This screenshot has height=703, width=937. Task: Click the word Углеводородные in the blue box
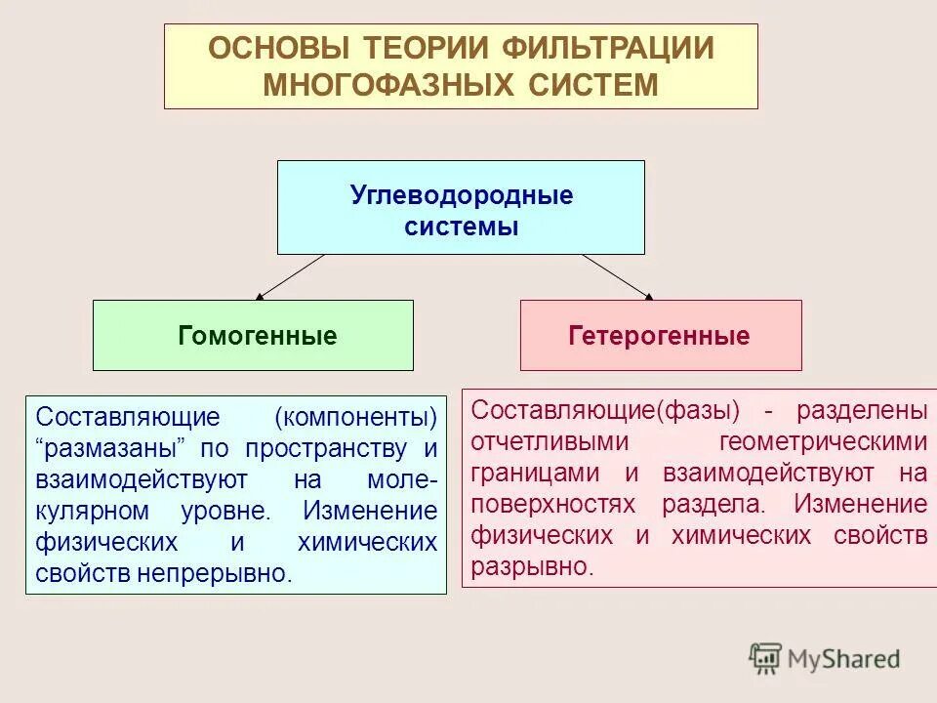pos(461,195)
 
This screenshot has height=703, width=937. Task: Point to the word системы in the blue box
pos(461,227)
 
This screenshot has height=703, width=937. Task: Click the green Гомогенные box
pos(253,336)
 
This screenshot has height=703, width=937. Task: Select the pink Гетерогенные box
pos(660,336)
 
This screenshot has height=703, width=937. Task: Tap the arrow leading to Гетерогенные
pos(618,275)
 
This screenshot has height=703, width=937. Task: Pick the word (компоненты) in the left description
pos(355,418)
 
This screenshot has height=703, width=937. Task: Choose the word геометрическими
pos(823,442)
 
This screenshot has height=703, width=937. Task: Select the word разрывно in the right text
pos(531,566)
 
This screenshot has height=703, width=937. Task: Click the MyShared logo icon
pos(766,657)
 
